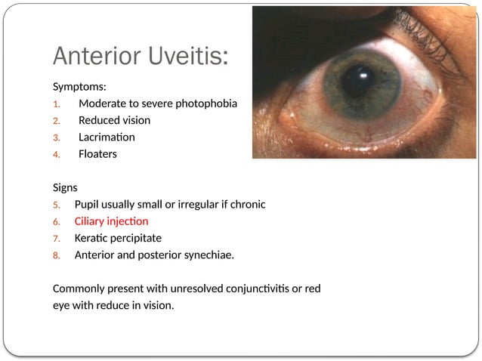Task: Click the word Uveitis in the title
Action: click(182, 56)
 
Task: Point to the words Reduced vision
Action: click(114, 120)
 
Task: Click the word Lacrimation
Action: click(107, 137)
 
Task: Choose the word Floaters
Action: click(98, 154)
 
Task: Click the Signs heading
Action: click(66, 187)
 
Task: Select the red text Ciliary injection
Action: click(111, 221)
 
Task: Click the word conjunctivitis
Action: click(261, 289)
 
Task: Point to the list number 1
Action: click(56, 103)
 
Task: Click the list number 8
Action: click(56, 255)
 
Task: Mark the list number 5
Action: click(56, 205)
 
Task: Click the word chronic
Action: click(246, 204)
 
